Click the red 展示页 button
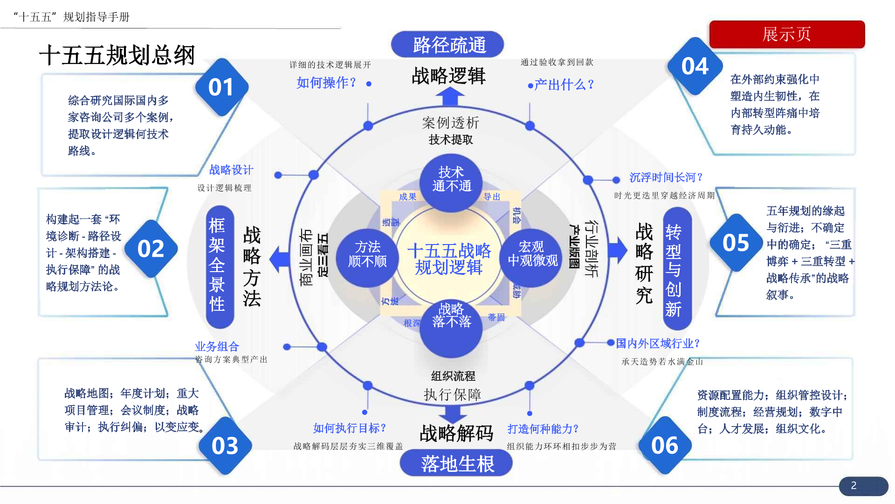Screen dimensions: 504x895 tap(787, 34)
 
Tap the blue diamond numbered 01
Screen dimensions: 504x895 tap(221, 87)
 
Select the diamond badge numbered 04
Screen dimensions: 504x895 tap(695, 66)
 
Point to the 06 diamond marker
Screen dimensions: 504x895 tap(665, 445)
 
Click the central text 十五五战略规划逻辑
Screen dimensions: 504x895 tap(449, 259)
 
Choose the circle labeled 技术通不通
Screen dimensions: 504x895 tap(451, 180)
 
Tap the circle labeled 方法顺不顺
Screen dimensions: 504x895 tap(367, 254)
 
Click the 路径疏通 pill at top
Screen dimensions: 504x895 tap(447, 45)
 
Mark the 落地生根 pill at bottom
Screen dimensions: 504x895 tap(456, 463)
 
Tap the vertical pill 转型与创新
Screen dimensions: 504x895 tap(674, 270)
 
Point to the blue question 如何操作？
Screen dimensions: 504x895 tap(326, 83)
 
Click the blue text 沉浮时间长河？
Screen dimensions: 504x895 tap(666, 177)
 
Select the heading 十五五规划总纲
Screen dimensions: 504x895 tap(117, 55)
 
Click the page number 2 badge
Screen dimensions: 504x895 tap(854, 485)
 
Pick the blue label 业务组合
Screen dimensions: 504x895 tap(217, 346)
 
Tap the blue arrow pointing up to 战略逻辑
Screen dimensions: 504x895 tap(450, 97)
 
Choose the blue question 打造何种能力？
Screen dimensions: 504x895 tap(543, 428)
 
